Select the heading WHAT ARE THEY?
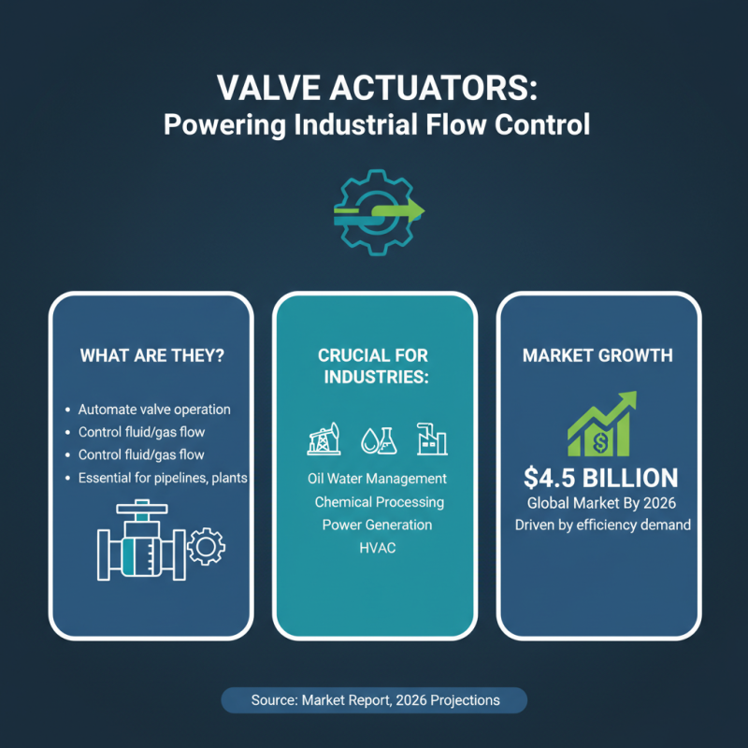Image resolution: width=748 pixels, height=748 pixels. [151, 356]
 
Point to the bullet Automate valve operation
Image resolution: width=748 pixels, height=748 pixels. [154, 410]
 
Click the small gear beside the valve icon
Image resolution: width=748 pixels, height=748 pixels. [207, 546]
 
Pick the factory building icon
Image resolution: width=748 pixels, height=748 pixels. [431, 437]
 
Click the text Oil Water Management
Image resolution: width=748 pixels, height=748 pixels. [377, 479]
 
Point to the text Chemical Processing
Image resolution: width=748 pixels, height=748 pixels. [379, 502]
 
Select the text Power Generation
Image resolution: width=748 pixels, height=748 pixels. [377, 525]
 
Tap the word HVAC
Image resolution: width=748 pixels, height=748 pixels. [377, 548]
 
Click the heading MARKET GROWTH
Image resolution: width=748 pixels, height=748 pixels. [598, 356]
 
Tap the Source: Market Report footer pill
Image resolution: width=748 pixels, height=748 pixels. [375, 700]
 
